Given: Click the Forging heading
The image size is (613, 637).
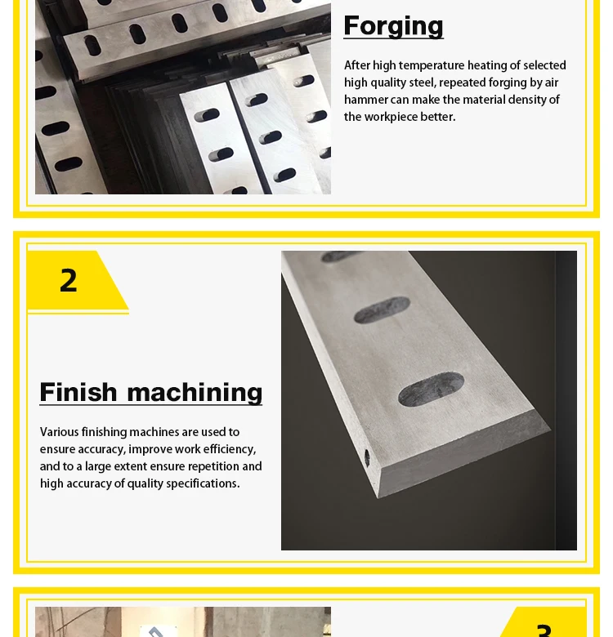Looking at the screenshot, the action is pos(393,27).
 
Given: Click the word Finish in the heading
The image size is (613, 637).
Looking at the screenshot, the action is pos(78,392).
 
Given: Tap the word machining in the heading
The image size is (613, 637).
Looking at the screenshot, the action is pos(195,393).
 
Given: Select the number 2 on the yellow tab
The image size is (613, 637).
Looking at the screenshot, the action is pos(69,280).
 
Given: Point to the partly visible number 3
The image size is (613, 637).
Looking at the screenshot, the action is pos(544,630).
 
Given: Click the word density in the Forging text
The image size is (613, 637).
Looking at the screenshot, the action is pos(528,100).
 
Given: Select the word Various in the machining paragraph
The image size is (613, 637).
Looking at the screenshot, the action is pos(60,432).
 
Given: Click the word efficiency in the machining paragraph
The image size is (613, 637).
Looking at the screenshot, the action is pos(230,449).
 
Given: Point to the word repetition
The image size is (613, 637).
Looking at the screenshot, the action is pos(213,466).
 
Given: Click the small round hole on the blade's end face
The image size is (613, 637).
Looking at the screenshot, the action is pos(367,458).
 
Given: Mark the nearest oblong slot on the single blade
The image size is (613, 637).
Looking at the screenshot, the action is pos(431,389).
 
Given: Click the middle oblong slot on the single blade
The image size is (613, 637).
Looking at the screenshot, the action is pos(382,310).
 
